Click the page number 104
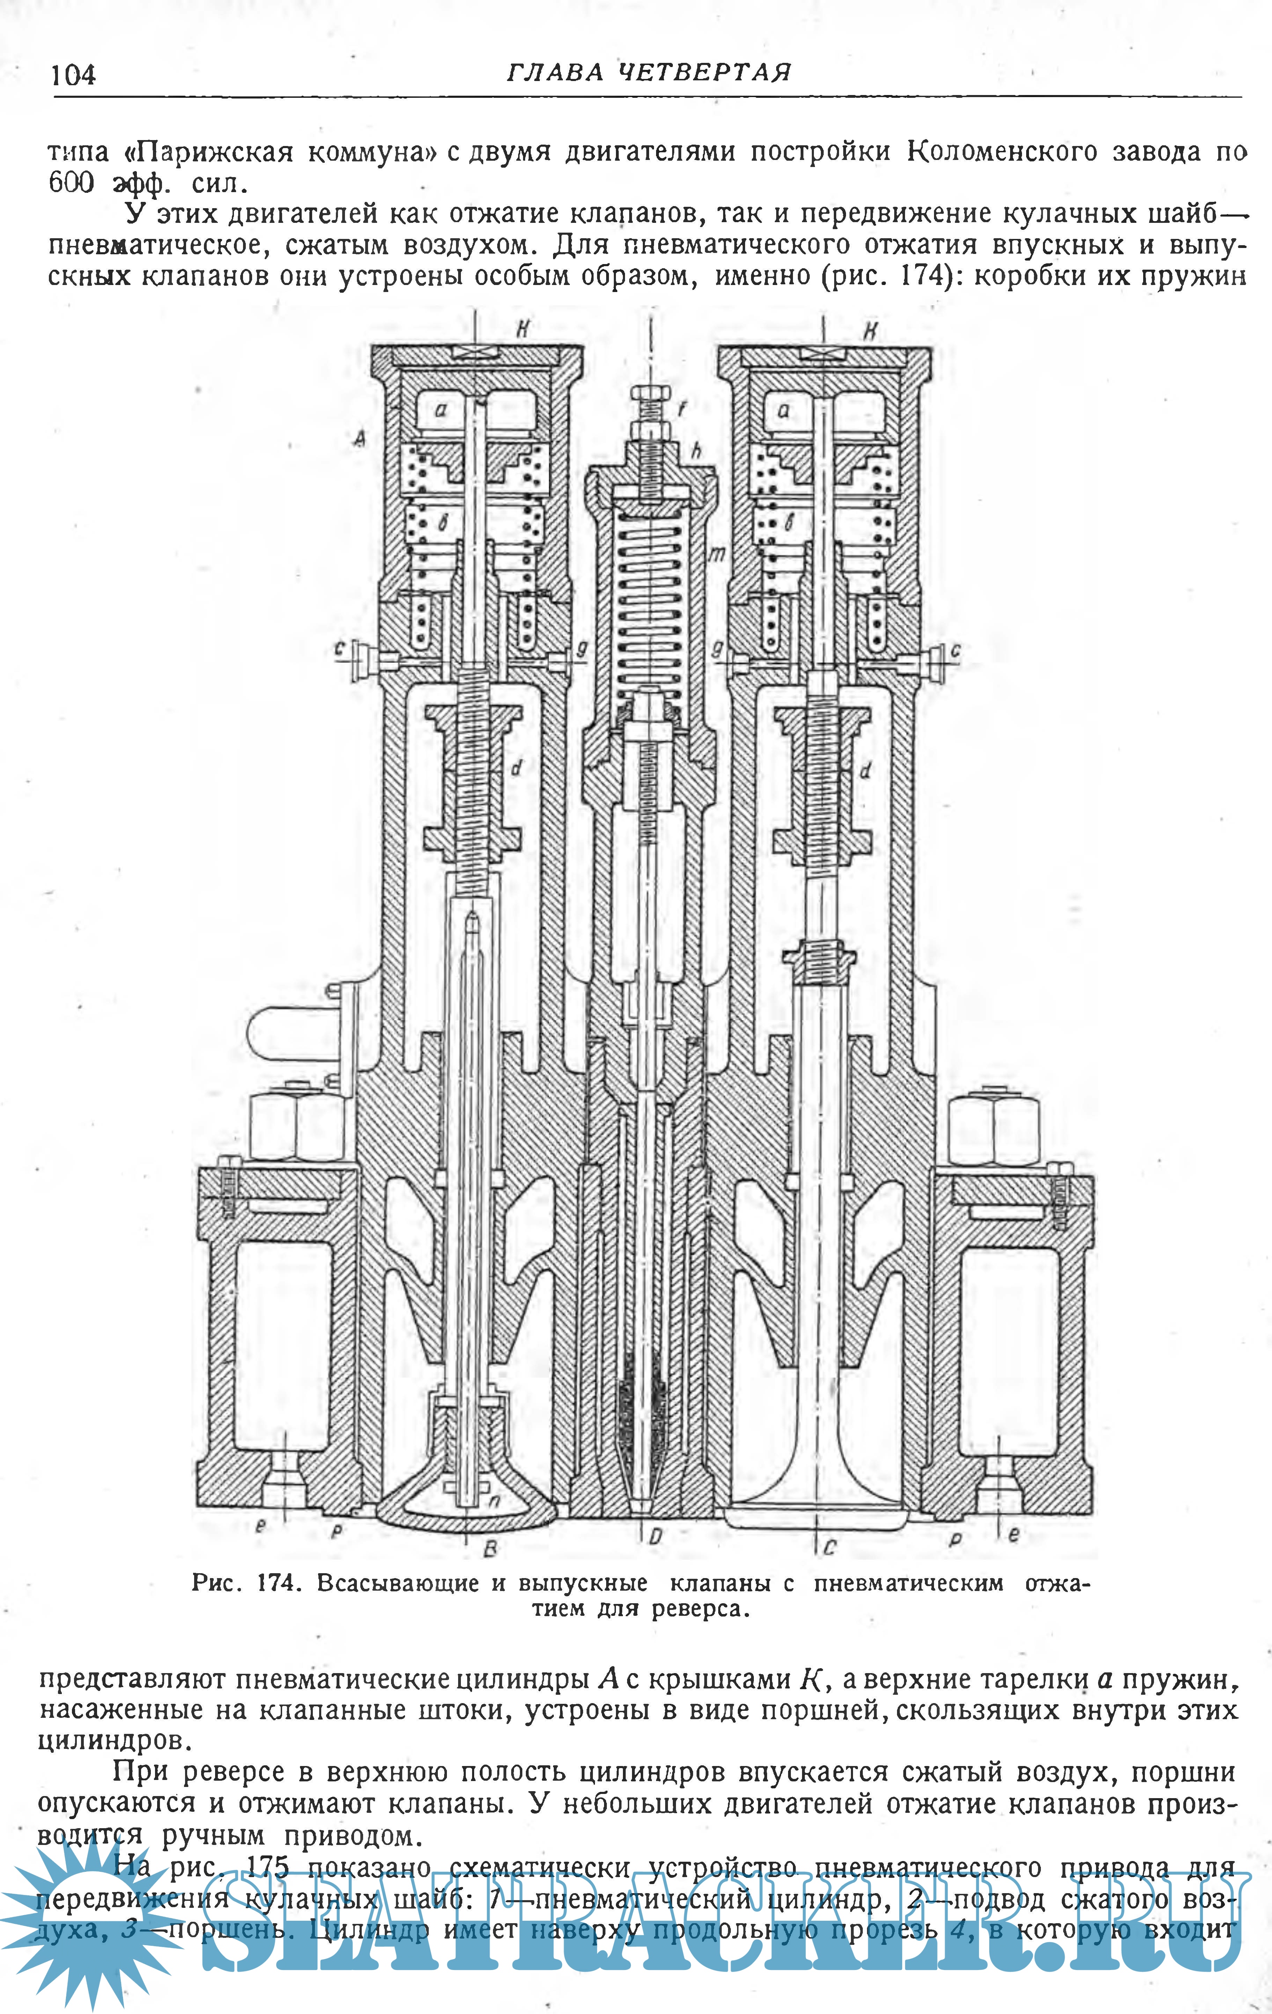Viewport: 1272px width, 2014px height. (x=74, y=75)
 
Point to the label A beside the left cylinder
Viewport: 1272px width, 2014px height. (x=360, y=437)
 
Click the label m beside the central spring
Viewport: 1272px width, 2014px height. (x=716, y=553)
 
